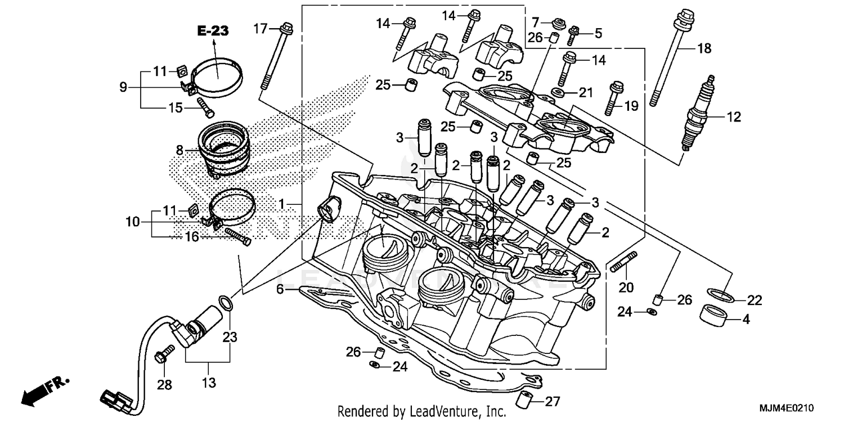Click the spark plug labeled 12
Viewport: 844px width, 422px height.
point(698,114)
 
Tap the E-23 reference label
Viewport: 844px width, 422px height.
point(213,32)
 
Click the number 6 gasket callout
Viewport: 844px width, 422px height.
point(279,289)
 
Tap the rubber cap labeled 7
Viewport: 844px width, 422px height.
point(558,24)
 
